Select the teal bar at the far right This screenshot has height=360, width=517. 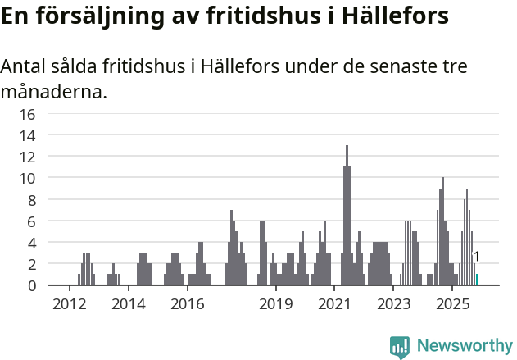click(477, 280)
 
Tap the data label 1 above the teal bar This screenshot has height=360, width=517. click(476, 257)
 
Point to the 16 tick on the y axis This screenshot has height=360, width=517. click(28, 114)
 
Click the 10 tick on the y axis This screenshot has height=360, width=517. click(28, 178)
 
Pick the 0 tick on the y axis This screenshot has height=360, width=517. click(32, 285)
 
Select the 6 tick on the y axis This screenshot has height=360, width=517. click(32, 221)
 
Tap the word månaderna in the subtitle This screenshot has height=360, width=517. click(53, 92)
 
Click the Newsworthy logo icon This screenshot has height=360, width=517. click(399, 347)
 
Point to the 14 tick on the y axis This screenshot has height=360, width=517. click(28, 135)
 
